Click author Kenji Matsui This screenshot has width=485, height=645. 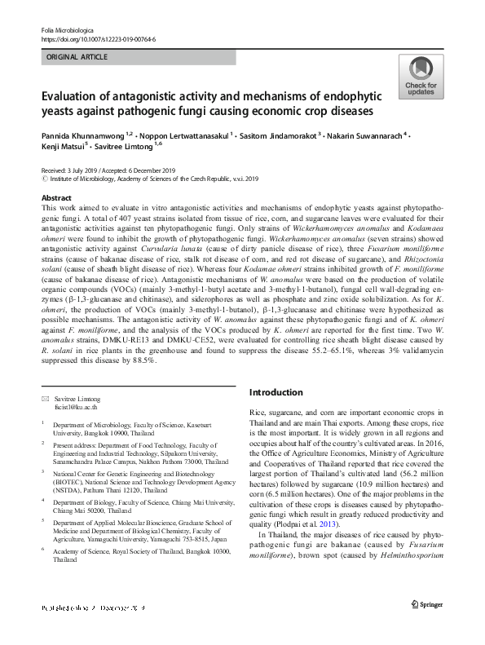(64, 147)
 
